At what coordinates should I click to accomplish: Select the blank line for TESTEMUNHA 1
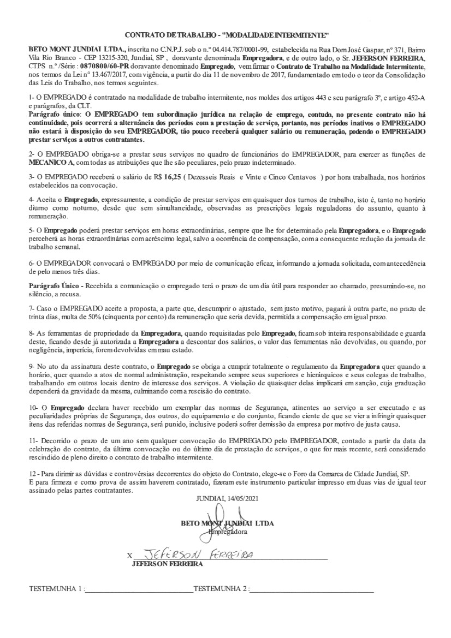pos(138,591)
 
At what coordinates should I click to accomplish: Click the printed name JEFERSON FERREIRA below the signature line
pos(167,564)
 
